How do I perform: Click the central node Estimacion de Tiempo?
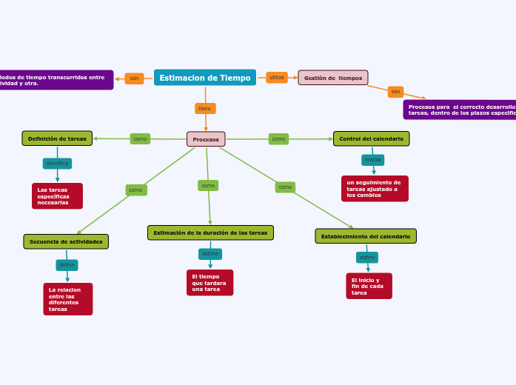point(205,78)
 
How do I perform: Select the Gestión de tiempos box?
point(333,78)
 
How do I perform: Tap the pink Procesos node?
point(206,139)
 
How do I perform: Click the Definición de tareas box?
point(57,138)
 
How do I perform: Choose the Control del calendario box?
point(371,138)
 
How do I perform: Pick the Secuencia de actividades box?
point(66,241)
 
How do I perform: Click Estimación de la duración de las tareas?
point(210,232)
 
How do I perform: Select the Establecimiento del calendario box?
point(366,236)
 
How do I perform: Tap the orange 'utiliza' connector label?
point(277,78)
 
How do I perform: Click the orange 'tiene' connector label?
point(205,109)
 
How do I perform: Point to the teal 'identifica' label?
point(57,164)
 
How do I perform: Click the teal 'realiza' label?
point(372,160)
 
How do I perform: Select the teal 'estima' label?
point(210,254)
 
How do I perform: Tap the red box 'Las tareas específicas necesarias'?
point(57,196)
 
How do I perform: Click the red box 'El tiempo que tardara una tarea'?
point(210,282)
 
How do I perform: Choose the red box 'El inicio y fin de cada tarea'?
point(369,286)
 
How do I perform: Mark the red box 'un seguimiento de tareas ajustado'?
point(375,189)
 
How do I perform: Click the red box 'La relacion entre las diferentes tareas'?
point(67,299)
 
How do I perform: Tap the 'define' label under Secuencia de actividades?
point(67,265)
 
